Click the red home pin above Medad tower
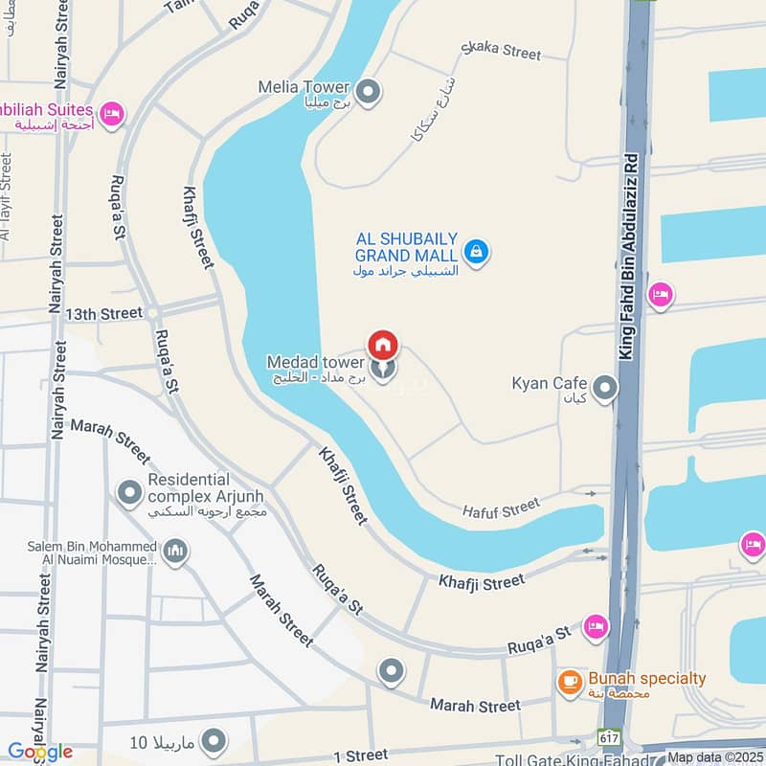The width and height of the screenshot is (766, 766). tap(383, 345)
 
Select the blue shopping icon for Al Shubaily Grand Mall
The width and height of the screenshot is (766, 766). tap(476, 252)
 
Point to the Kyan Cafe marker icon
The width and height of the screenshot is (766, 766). tap(604, 388)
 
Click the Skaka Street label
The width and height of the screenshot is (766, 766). tap(501, 51)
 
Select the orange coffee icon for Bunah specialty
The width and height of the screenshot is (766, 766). tap(571, 681)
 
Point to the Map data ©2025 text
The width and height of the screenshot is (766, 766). tap(716, 757)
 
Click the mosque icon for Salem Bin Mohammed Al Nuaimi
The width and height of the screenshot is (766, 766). tap(175, 551)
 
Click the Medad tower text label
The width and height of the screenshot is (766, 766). tap(315, 363)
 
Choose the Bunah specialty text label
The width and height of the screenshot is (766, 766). tap(646, 679)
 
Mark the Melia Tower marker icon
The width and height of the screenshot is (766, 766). tap(370, 93)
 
